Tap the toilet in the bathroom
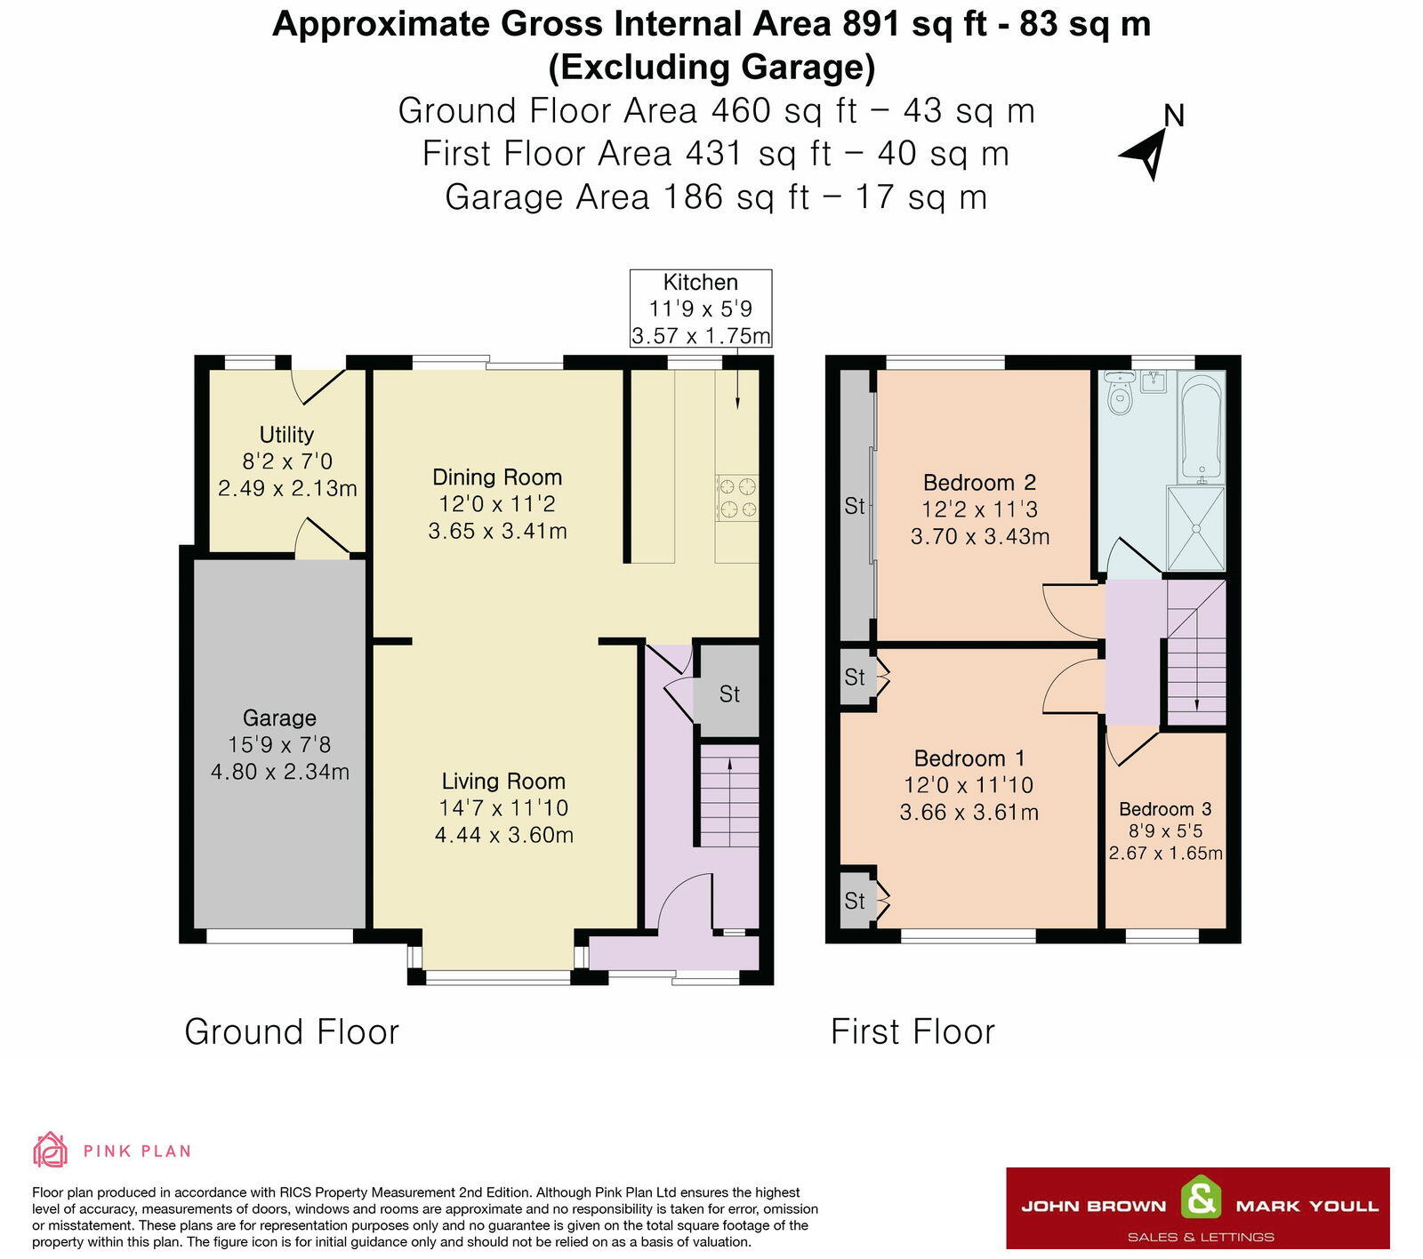(x=1119, y=394)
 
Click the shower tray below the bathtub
(x=1196, y=528)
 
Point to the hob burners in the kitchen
(x=737, y=498)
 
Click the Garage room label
(x=279, y=718)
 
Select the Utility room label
(x=286, y=434)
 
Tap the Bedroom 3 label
(x=1165, y=809)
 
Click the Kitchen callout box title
(x=700, y=283)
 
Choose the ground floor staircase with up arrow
(x=729, y=797)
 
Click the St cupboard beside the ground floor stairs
(x=728, y=694)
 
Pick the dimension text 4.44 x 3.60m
(x=503, y=835)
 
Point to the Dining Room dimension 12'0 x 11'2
(x=496, y=504)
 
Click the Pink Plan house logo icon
(x=50, y=1150)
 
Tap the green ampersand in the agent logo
(x=1201, y=1199)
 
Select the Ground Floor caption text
(x=292, y=1032)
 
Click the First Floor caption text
(x=912, y=1032)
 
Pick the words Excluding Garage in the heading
(x=711, y=68)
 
